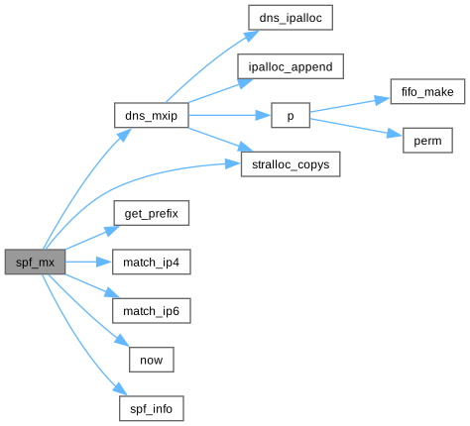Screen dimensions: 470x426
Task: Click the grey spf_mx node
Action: pos(35,262)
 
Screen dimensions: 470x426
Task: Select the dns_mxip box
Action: pos(152,115)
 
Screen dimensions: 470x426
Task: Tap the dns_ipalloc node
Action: pos(291,18)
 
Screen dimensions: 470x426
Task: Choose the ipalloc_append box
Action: pos(291,66)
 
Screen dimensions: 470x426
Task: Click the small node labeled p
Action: pos(291,115)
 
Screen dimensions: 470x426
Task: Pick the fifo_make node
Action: pos(427,91)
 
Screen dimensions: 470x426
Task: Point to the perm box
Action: pos(427,141)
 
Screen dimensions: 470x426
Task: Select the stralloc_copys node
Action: pos(291,164)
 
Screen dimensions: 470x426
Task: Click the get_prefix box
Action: pos(152,213)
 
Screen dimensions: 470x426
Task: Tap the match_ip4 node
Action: pos(152,262)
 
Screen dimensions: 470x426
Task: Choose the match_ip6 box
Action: pos(152,311)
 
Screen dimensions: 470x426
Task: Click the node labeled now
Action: pos(152,360)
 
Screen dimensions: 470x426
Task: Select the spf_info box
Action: pos(152,408)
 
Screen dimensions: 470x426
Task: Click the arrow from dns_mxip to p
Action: pos(230,115)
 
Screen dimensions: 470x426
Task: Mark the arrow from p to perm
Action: pos(356,128)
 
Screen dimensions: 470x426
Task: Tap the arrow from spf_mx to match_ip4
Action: pos(88,262)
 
